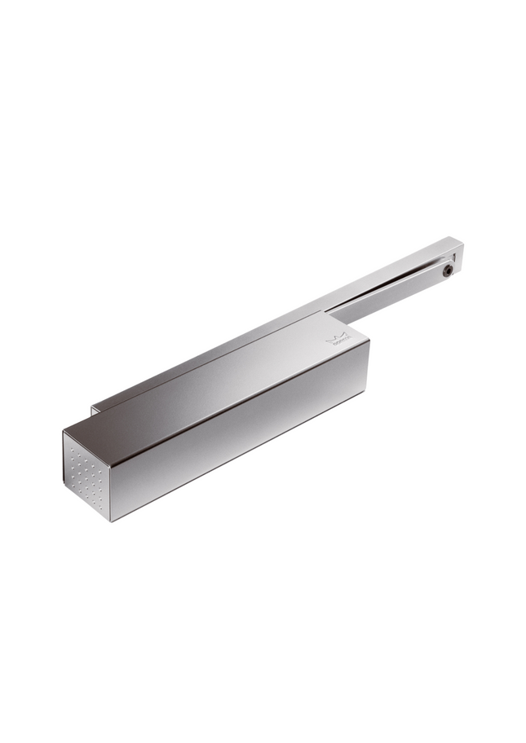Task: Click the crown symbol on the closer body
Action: point(334,338)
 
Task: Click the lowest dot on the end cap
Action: point(100,506)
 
